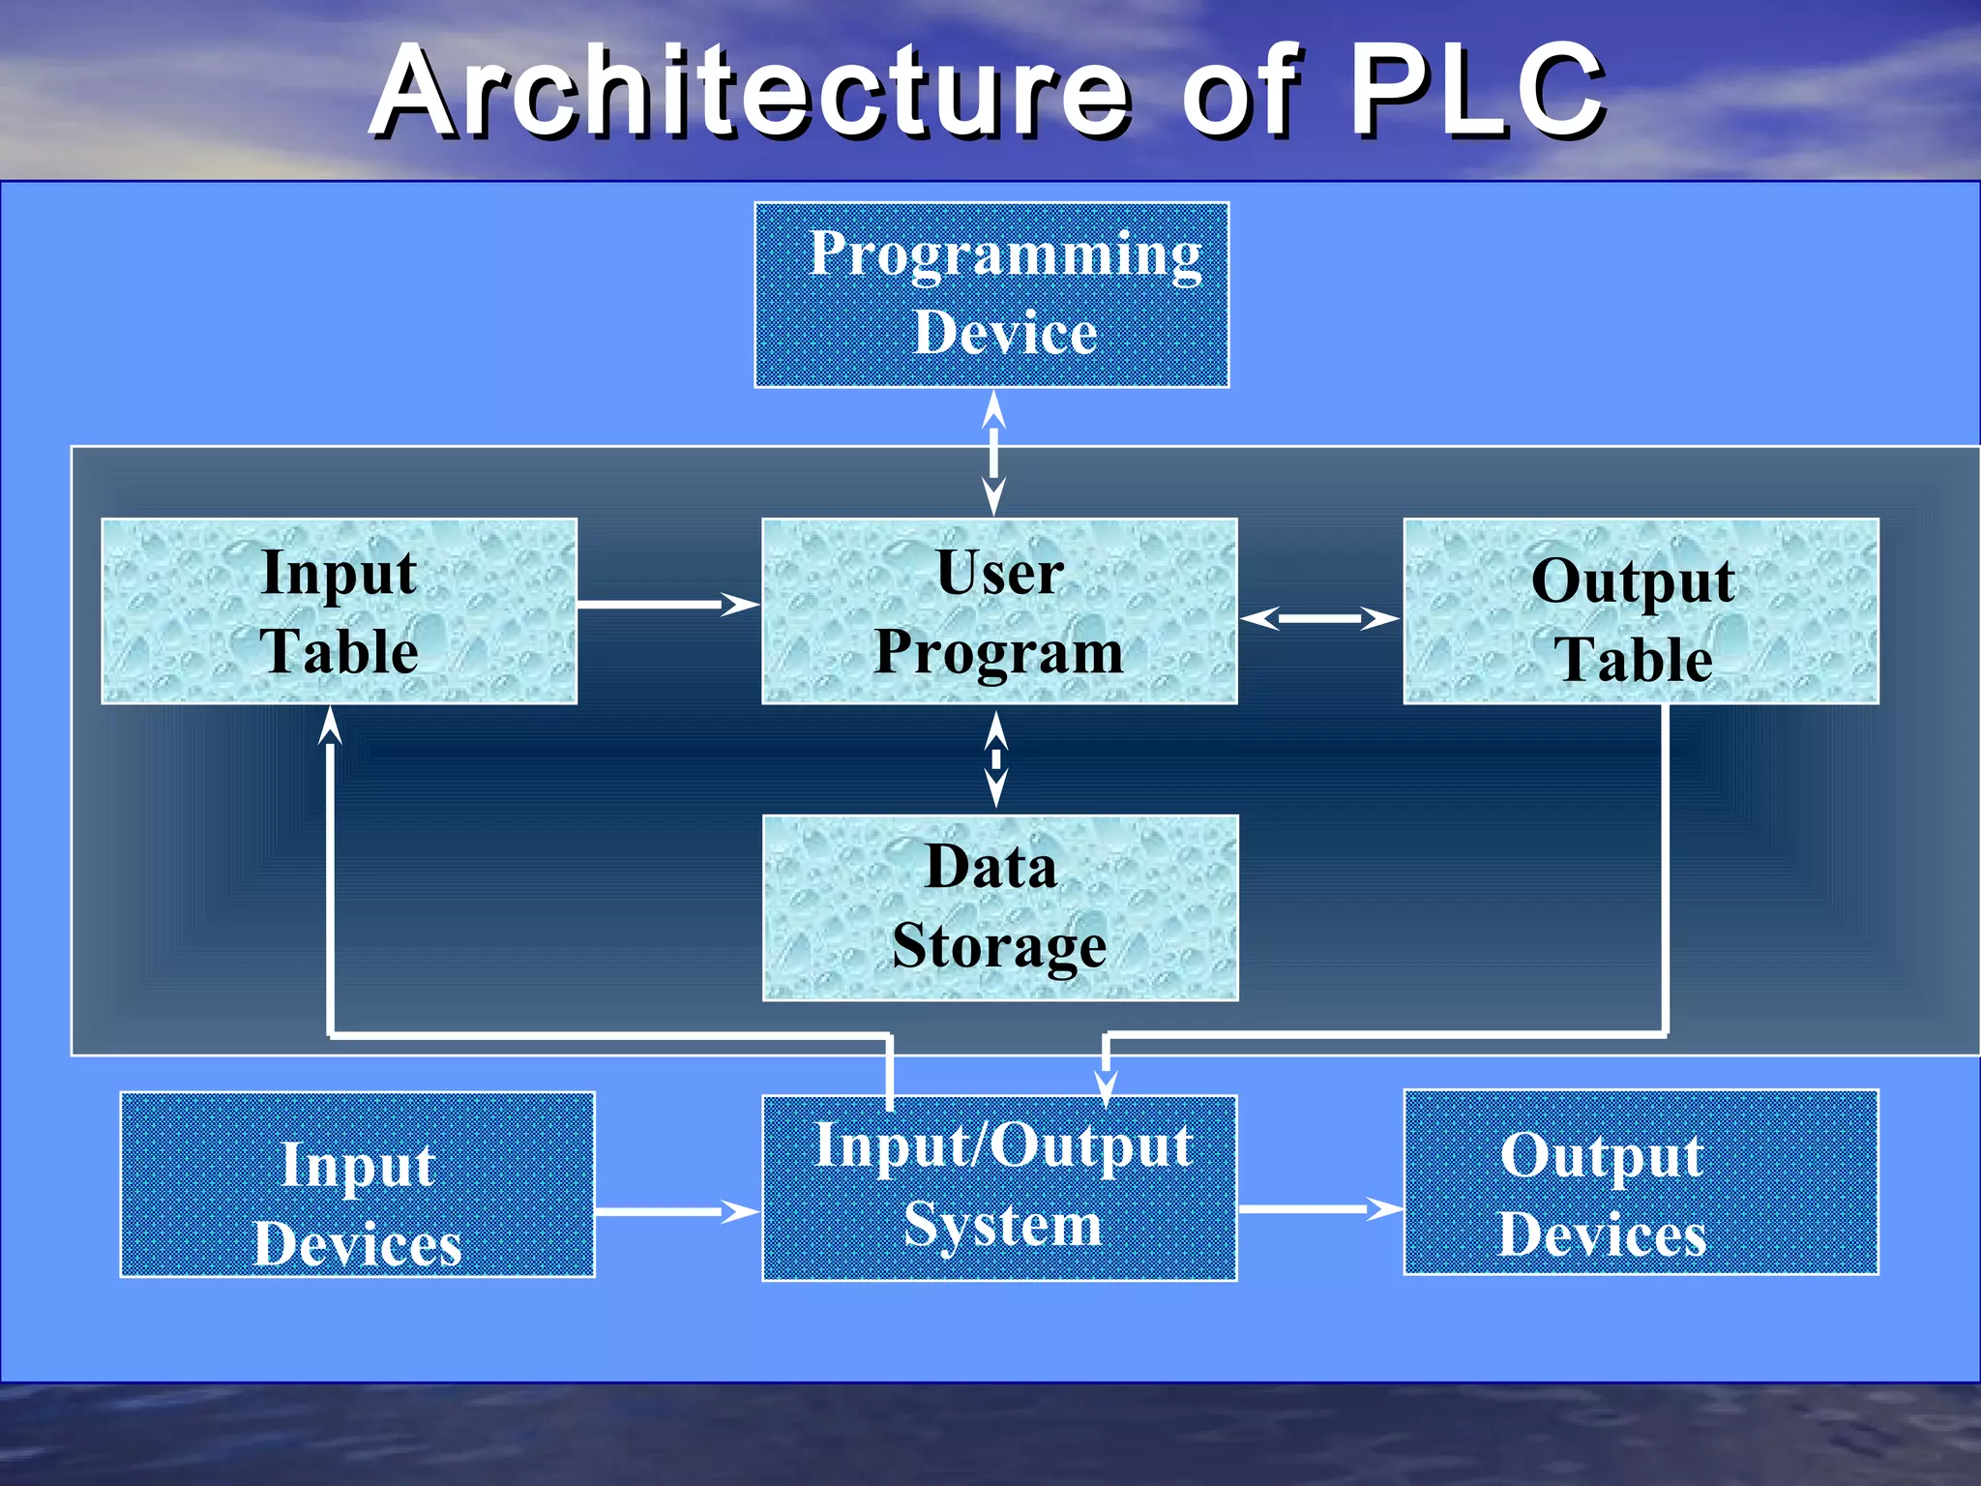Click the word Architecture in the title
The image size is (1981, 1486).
[750, 92]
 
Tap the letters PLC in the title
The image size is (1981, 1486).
[1475, 92]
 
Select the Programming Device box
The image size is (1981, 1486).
[991, 295]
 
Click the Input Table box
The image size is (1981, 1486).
[339, 611]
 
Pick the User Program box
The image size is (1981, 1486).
[999, 611]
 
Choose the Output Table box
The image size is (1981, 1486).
[1641, 611]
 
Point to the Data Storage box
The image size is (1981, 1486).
[999, 907]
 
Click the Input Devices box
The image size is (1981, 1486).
[357, 1185]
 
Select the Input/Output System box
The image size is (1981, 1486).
[999, 1188]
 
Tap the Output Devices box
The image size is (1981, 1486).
[1641, 1182]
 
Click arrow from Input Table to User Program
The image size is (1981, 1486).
[667, 605]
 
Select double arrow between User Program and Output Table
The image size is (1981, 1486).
[1319, 618]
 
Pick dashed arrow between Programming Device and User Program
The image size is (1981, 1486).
[993, 453]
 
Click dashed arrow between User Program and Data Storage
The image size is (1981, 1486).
[995, 759]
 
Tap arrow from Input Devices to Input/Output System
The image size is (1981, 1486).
[675, 1211]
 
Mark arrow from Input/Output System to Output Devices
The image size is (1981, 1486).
[1319, 1208]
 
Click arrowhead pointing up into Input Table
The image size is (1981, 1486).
[331, 726]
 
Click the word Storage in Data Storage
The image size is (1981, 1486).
[999, 946]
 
